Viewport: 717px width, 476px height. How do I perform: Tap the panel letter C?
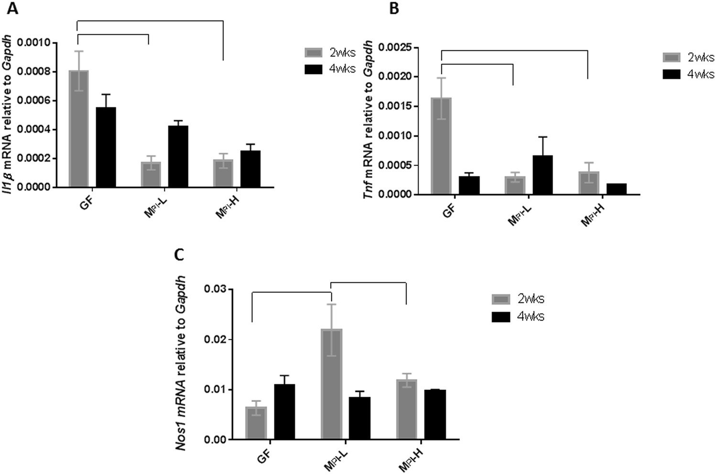point(179,255)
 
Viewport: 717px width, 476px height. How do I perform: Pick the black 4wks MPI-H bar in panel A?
point(250,169)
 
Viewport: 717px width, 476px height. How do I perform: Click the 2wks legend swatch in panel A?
point(315,53)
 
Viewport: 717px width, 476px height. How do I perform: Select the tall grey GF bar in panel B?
point(441,146)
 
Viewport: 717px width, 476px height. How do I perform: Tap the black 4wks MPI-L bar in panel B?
point(543,175)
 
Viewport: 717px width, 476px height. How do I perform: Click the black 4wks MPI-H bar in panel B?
point(616,189)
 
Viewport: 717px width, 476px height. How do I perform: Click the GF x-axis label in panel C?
point(263,454)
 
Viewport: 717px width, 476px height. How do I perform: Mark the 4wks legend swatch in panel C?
point(501,317)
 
